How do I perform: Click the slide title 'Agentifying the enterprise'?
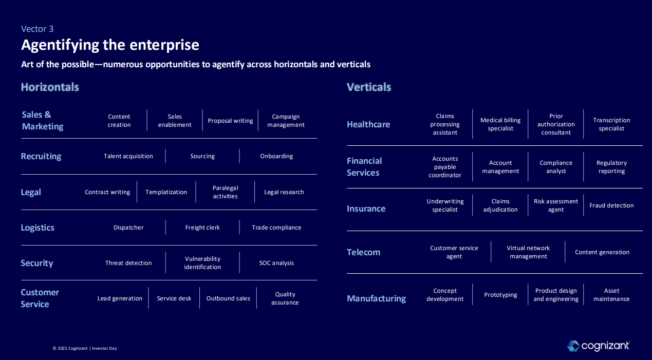point(110,45)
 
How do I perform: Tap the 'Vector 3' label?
point(37,29)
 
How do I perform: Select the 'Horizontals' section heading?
point(50,87)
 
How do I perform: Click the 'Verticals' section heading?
point(369,87)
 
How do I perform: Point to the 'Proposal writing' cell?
point(230,121)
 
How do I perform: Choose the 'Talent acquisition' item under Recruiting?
point(128,156)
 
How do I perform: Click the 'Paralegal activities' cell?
point(225,192)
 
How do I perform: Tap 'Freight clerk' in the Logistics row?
point(202,228)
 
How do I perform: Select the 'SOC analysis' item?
point(276,263)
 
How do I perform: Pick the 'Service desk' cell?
point(174,298)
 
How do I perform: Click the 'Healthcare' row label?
point(368,124)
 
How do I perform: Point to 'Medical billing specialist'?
point(500,124)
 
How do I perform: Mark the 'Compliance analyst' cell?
point(556,167)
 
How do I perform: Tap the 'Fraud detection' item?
point(611,205)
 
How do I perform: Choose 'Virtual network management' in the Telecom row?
point(528,252)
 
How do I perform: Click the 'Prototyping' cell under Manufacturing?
point(500,295)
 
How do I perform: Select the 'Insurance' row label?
point(366,209)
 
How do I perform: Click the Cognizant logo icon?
point(573,346)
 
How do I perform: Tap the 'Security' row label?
point(37,263)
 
